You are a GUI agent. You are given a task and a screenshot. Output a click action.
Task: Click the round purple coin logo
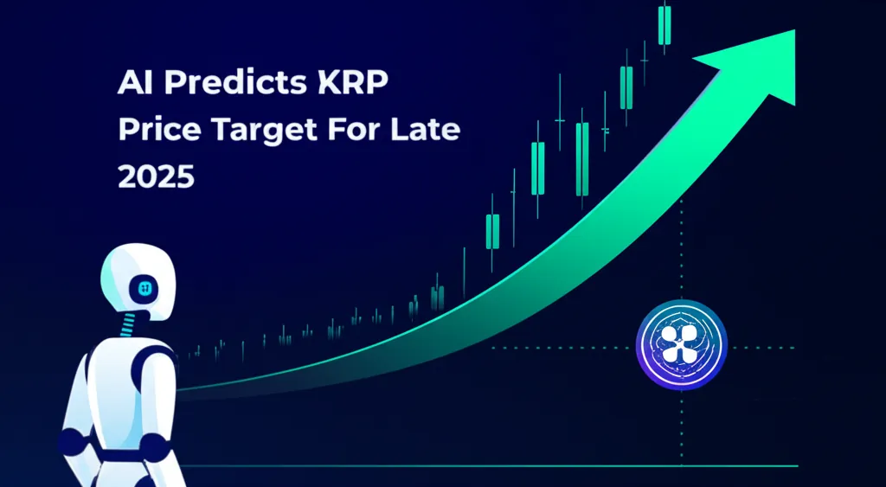(682, 345)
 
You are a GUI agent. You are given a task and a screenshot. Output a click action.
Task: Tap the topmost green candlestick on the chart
(664, 25)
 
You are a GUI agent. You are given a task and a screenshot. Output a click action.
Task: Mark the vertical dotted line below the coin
(682, 424)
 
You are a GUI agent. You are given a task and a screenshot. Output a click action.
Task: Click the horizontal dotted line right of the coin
(761, 348)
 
